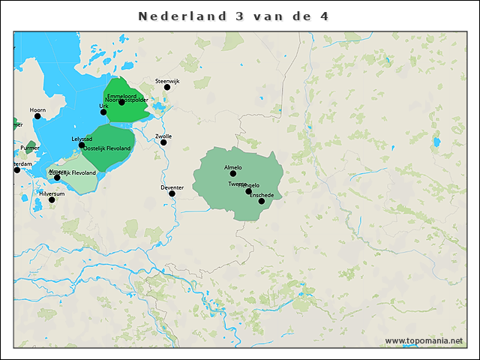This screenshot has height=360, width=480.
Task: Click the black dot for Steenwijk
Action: pos(167,87)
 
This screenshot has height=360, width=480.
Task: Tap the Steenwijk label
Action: pos(167,80)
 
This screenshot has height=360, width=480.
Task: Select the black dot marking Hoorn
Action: pos(37,115)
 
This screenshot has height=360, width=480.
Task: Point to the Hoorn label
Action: pos(37,109)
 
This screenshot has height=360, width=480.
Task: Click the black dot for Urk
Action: pos(103,112)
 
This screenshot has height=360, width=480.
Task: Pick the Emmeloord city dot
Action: pos(121,102)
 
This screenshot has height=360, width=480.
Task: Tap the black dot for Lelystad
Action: pos(82,145)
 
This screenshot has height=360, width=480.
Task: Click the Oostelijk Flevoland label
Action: pos(107,148)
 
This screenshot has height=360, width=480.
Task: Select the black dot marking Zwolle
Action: pos(163,142)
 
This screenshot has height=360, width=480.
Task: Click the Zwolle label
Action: pos(163,136)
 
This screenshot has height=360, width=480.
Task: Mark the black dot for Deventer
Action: pos(172,193)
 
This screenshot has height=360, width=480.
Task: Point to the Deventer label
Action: pos(172,187)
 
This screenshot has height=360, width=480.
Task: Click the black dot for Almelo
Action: pos(232,173)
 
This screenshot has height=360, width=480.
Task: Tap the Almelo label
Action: pos(232,167)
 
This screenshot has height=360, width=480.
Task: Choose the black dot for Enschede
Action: pos(261,201)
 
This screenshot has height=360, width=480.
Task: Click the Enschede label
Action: pos(261,195)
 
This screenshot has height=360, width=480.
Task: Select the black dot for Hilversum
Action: pos(52,199)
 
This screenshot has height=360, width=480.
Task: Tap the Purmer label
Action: pos(30,148)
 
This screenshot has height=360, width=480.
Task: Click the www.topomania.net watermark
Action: pos(424,340)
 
